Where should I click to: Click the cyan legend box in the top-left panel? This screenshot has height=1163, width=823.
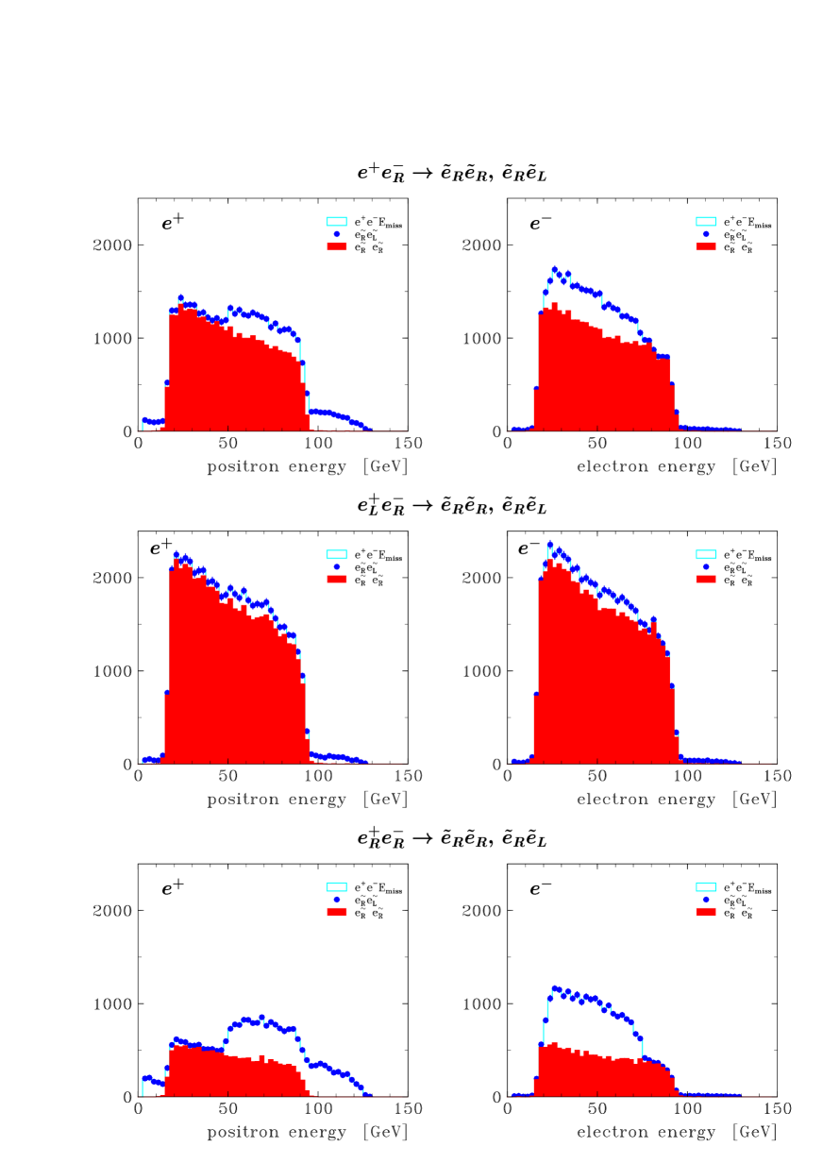point(336,222)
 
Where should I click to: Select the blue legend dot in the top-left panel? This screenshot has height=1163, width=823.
point(337,234)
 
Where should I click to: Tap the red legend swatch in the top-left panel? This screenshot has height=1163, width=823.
point(336,246)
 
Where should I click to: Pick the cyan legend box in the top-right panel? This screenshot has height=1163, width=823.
point(706,222)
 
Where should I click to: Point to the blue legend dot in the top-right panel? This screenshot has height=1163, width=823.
point(705,234)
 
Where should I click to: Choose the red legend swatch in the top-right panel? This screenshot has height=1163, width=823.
point(706,246)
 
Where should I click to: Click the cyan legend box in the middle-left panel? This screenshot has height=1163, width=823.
point(336,555)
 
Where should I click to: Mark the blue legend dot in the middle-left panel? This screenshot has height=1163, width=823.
point(337,567)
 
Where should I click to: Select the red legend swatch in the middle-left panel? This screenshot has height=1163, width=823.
point(336,580)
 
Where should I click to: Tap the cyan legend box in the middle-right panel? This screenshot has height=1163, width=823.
point(706,555)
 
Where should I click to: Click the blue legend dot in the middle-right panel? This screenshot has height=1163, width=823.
point(705,567)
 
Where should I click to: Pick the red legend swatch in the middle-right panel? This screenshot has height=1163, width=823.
point(706,580)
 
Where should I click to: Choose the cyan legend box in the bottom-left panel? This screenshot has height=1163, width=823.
point(336,887)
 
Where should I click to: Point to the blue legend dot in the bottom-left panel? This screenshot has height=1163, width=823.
point(337,900)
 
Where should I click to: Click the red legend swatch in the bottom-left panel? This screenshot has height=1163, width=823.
point(336,912)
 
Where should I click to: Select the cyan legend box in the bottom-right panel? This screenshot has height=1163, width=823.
point(706,887)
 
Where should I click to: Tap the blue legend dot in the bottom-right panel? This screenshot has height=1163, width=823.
point(705,900)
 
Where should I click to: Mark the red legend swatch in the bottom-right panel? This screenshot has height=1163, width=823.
point(706,912)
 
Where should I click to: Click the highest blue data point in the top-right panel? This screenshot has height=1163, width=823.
point(555,270)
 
